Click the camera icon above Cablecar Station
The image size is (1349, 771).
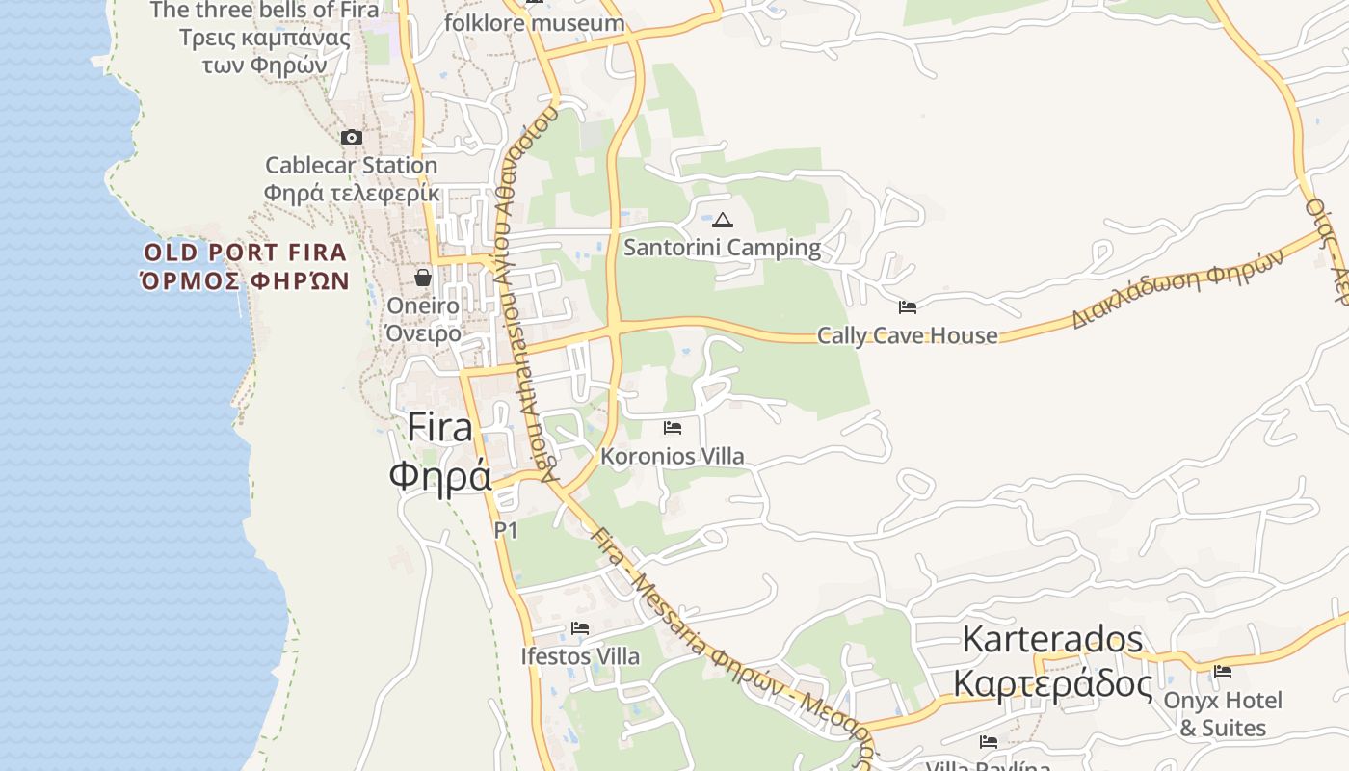pyautogui.click(x=352, y=138)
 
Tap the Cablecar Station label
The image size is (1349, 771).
pyautogui.click(x=352, y=166)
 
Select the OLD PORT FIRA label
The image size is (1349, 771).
pyautogui.click(x=245, y=253)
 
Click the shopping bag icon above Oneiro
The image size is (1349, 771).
pyautogui.click(x=422, y=278)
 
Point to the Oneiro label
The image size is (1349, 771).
pyautogui.click(x=423, y=306)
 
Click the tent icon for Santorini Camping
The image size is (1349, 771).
pyautogui.click(x=723, y=220)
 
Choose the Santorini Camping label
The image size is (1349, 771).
pyautogui.click(x=723, y=248)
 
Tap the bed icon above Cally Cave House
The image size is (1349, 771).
pyautogui.click(x=907, y=307)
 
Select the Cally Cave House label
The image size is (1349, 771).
pyautogui.click(x=907, y=335)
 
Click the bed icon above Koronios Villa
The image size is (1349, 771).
pyautogui.click(x=673, y=427)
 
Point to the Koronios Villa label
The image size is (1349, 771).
pyautogui.click(x=673, y=456)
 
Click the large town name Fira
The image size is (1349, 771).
pyautogui.click(x=440, y=427)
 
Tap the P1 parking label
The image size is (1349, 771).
pyautogui.click(x=506, y=530)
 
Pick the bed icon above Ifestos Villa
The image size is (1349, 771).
pyautogui.click(x=579, y=628)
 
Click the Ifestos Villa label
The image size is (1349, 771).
pyautogui.click(x=579, y=656)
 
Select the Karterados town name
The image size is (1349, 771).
pyautogui.click(x=1052, y=639)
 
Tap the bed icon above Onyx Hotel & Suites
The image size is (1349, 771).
pyautogui.click(x=1223, y=671)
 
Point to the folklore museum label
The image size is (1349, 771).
pyautogui.click(x=535, y=22)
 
